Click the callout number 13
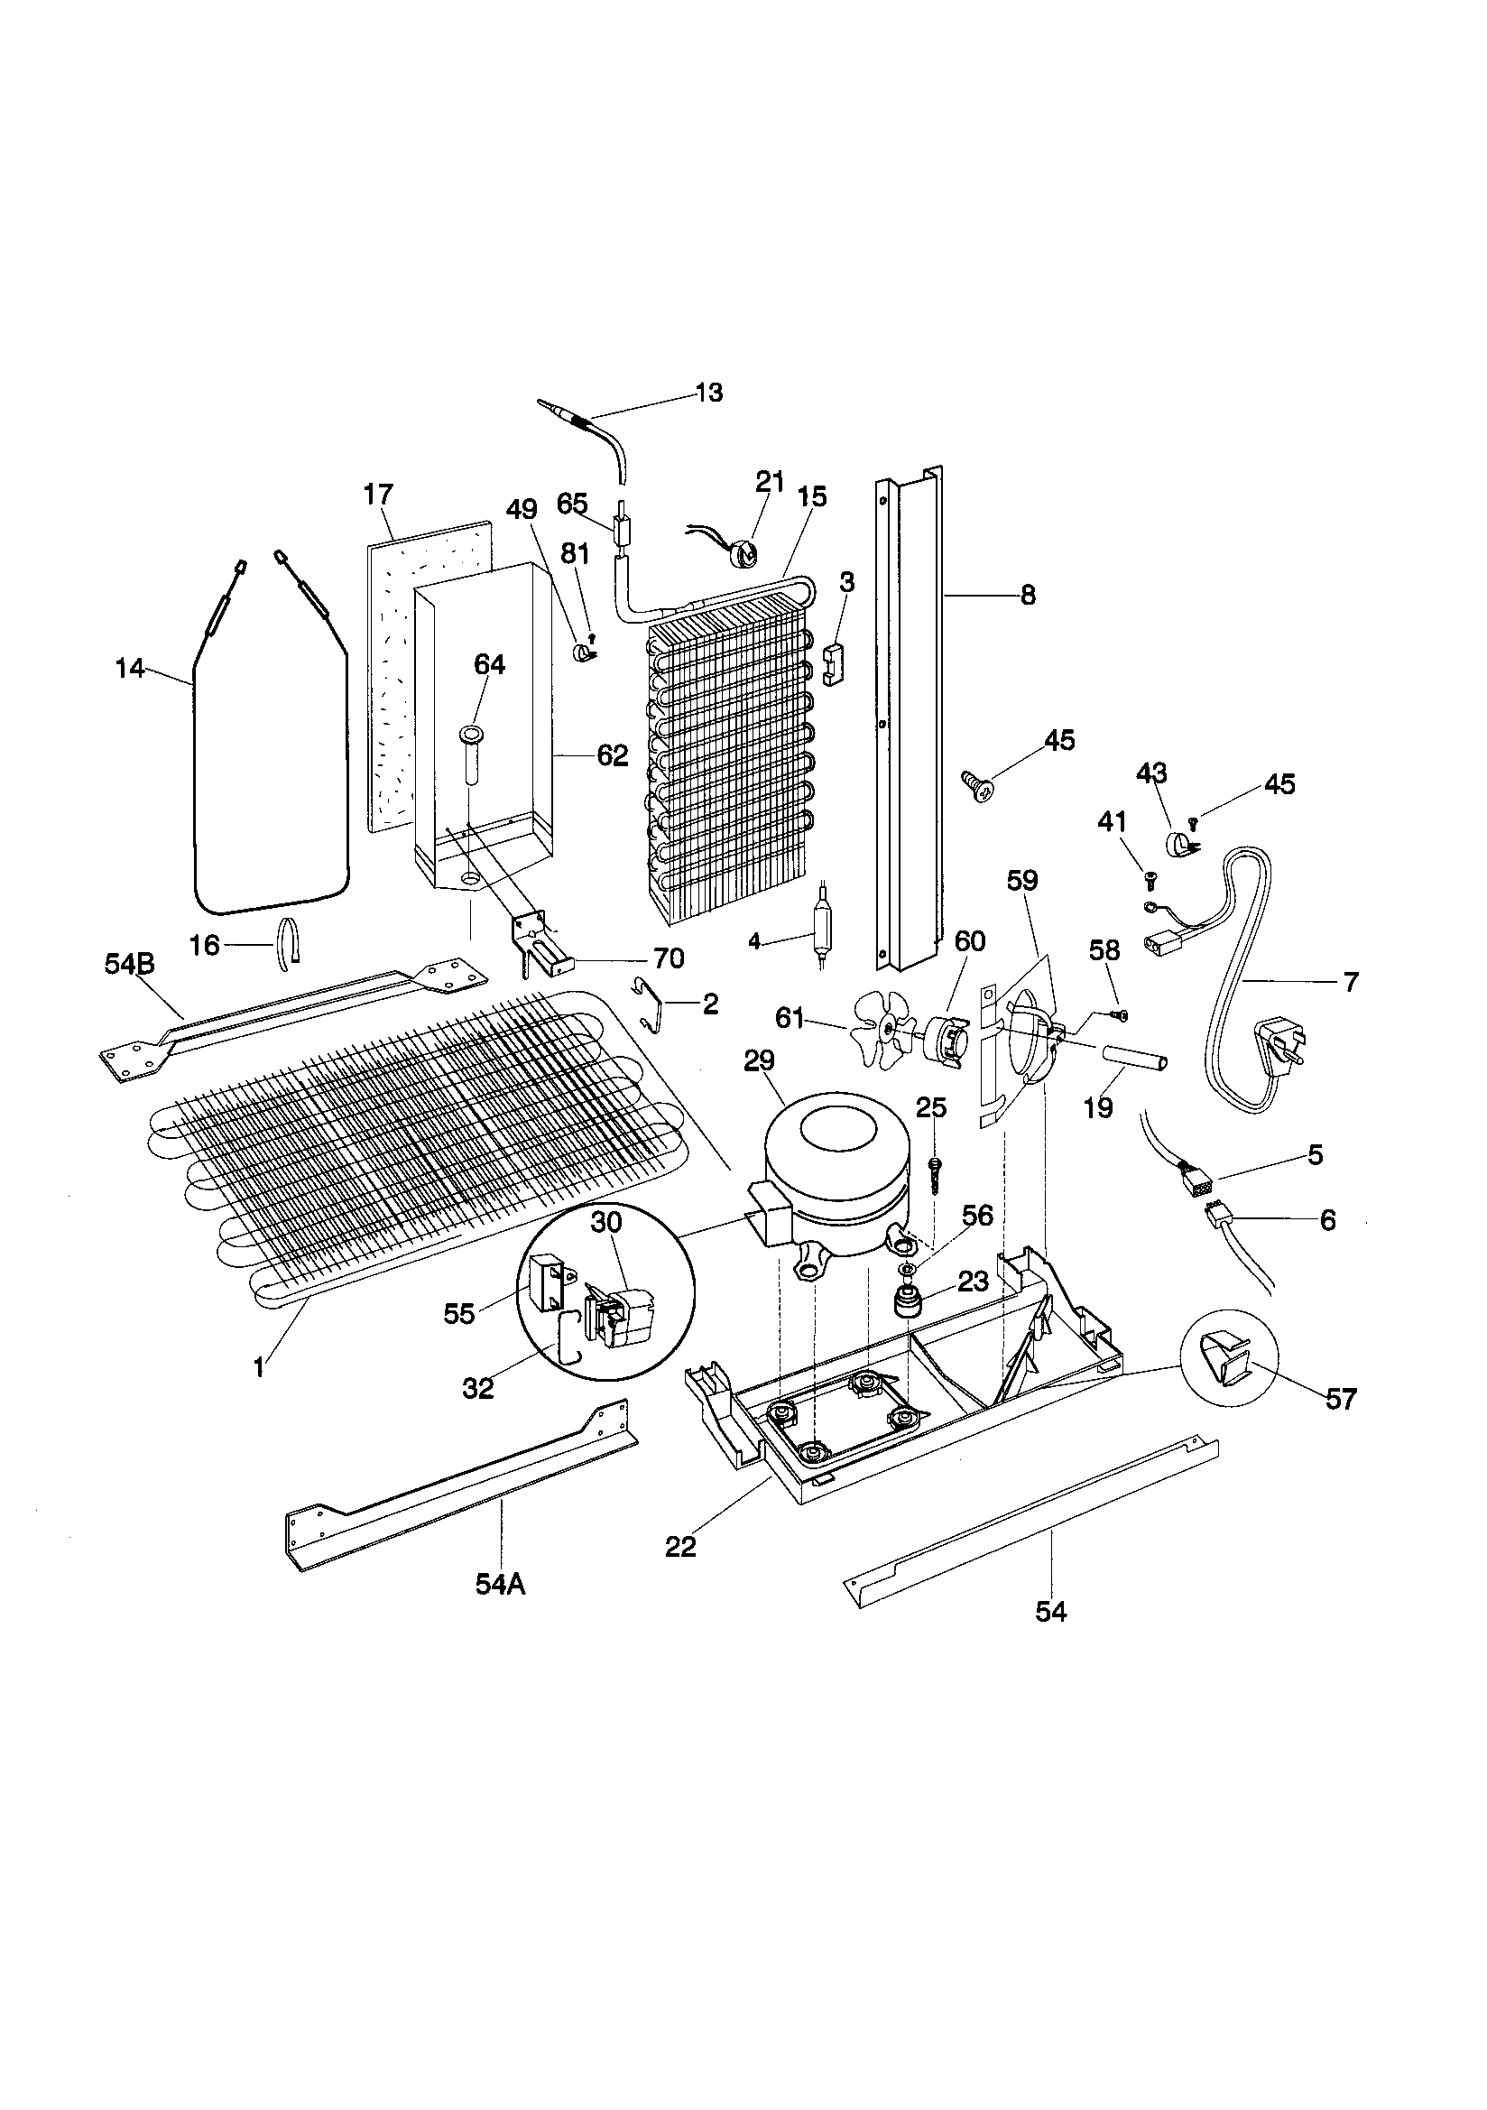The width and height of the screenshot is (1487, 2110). pos(708,393)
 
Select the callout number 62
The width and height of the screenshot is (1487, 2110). pos(612,755)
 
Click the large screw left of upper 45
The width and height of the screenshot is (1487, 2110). pos(977,784)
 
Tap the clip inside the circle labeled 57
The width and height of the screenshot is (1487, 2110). pos(1222,1373)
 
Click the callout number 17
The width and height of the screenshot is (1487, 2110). pos(378,495)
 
